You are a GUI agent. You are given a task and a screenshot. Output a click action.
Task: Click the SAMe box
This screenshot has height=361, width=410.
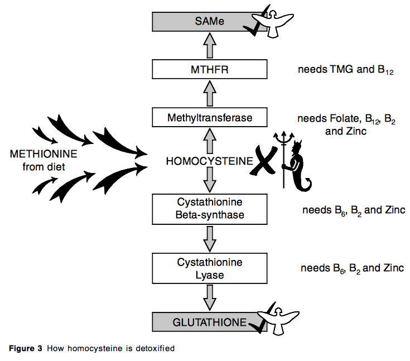[201, 22]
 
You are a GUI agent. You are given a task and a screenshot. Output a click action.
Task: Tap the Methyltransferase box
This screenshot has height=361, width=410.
[210, 118]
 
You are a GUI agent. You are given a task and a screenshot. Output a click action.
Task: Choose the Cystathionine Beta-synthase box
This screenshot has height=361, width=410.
[210, 207]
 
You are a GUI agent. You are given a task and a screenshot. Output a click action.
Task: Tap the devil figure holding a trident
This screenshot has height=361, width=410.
[296, 162]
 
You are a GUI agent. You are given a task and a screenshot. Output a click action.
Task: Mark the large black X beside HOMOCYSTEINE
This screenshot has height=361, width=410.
[263, 161]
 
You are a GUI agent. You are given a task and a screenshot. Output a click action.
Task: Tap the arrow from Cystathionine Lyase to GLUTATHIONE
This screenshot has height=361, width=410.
[210, 297]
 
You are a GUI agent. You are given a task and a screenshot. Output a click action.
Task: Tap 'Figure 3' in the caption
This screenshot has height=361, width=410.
[26, 349]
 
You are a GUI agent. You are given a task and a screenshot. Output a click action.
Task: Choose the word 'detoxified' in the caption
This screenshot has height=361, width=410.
[156, 349]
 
